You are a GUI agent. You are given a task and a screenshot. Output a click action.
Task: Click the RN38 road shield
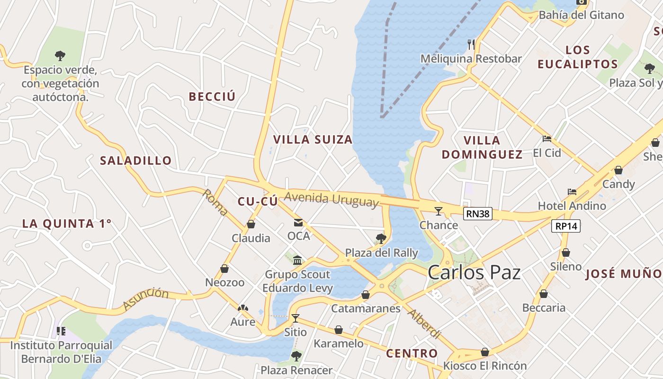(477, 214)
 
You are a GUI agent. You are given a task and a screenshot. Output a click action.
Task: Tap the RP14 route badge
(566, 226)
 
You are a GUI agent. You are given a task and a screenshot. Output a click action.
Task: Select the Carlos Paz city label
(474, 272)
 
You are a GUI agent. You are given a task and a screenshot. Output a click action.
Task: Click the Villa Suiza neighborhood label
(313, 140)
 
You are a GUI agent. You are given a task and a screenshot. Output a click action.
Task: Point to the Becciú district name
(212, 97)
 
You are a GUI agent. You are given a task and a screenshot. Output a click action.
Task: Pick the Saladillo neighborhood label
(136, 161)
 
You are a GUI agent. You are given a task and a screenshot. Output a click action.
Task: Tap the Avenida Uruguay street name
(332, 199)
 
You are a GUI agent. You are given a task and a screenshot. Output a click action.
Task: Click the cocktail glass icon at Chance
(439, 211)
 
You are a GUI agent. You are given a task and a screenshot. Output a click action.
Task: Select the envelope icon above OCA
(298, 223)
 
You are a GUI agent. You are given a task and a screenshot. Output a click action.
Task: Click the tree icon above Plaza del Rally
(381, 239)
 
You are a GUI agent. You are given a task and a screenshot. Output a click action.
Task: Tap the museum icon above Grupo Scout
(297, 260)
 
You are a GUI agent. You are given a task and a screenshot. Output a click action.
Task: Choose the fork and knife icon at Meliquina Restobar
(471, 45)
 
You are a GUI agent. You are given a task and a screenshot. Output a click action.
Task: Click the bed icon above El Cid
(547, 139)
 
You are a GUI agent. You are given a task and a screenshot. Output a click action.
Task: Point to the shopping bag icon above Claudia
(251, 224)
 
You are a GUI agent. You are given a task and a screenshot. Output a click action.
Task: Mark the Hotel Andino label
(572, 206)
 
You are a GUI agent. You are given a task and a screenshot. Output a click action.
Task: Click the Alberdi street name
(424, 324)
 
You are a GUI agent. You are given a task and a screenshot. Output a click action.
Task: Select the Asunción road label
(146, 299)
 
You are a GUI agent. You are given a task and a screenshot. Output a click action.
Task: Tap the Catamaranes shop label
(366, 309)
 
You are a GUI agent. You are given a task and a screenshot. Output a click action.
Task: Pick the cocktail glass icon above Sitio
(296, 318)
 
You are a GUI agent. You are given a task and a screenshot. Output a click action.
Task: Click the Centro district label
(412, 353)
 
